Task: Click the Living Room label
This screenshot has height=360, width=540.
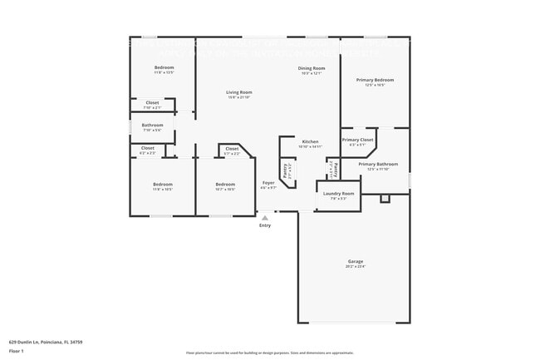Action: pyautogui.click(x=239, y=92)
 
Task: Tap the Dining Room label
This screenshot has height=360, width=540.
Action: pyautogui.click(x=312, y=68)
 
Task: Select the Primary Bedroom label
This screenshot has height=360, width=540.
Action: pyautogui.click(x=375, y=80)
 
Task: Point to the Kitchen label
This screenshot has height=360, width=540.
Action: pyautogui.click(x=310, y=141)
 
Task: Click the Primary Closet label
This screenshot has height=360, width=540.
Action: pyautogui.click(x=357, y=140)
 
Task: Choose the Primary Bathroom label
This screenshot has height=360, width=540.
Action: pyautogui.click(x=378, y=164)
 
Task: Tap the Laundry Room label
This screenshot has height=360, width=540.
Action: pyautogui.click(x=337, y=193)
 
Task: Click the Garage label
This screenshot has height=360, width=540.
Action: pyautogui.click(x=355, y=262)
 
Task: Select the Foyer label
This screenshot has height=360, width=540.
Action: pyautogui.click(x=268, y=182)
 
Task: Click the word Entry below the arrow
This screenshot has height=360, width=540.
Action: pyautogui.click(x=264, y=225)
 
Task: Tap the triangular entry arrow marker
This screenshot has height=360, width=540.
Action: pyautogui.click(x=265, y=218)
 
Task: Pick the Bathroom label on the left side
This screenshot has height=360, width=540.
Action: pyautogui.click(x=152, y=126)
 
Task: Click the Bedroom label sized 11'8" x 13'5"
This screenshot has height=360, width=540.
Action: pyautogui.click(x=164, y=67)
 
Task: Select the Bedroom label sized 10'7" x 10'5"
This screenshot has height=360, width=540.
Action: pyautogui.click(x=225, y=184)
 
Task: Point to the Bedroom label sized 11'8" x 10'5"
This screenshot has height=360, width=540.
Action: pyautogui.click(x=162, y=184)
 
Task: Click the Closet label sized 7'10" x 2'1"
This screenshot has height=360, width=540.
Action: pyautogui.click(x=152, y=103)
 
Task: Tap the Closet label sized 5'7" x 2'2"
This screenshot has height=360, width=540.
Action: pyautogui.click(x=232, y=149)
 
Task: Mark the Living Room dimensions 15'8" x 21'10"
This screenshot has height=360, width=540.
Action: pyautogui.click(x=239, y=98)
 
